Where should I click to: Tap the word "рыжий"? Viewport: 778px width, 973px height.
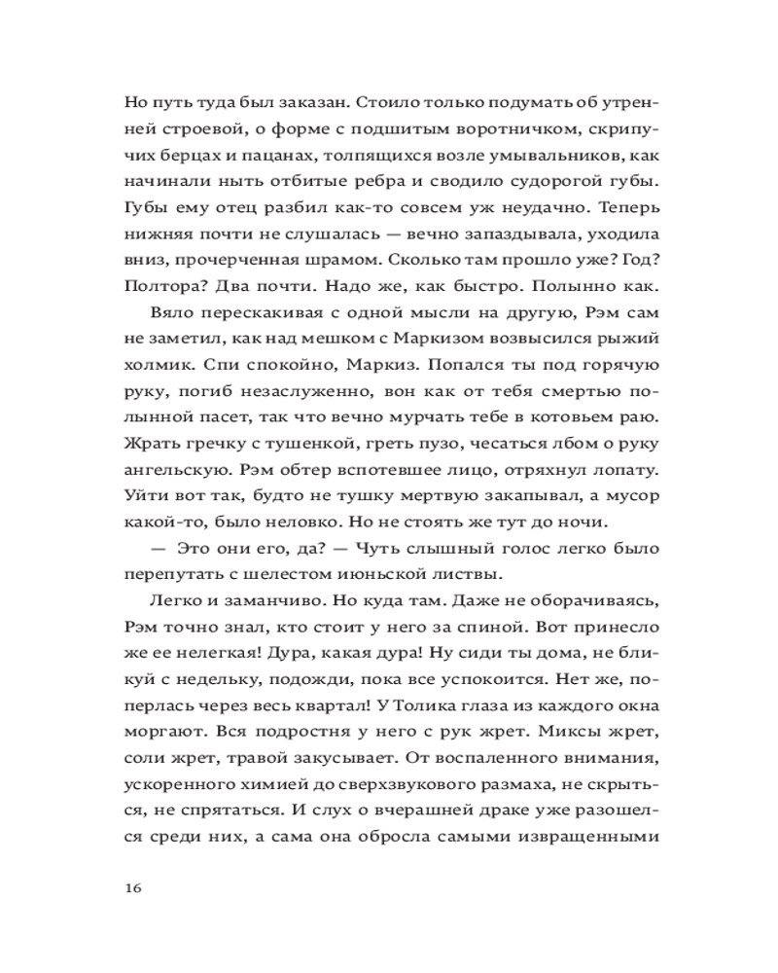tap(635, 337)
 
